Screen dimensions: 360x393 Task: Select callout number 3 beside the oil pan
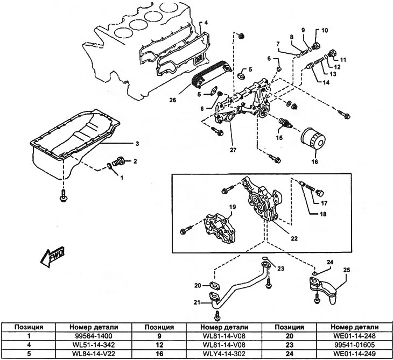tap(137, 144)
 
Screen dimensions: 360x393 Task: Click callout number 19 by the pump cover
tap(233, 207)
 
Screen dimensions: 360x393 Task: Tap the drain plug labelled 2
tap(123, 160)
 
